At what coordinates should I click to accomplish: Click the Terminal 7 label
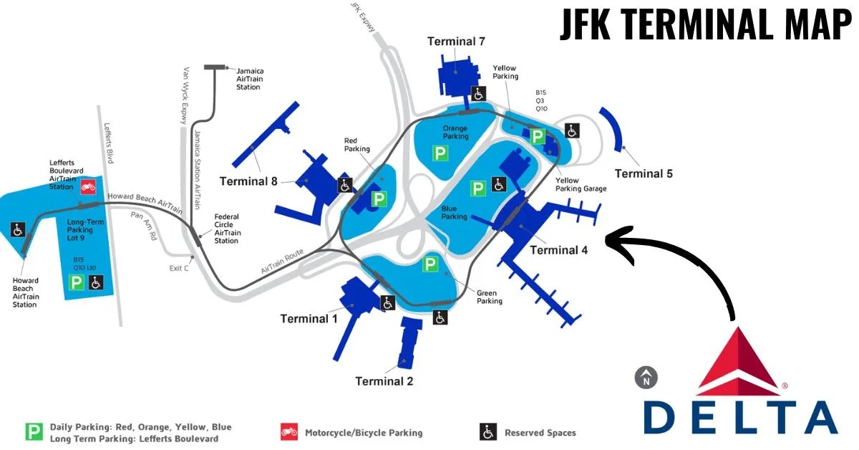tap(461, 42)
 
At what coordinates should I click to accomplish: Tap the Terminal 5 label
tap(644, 173)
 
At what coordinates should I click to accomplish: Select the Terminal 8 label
tap(248, 181)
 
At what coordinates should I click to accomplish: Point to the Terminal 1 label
tap(309, 318)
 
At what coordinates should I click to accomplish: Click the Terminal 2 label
tap(384, 381)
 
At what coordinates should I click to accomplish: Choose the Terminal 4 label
tap(559, 250)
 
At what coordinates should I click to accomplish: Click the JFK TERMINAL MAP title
tap(704, 26)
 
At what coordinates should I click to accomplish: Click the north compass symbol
tap(646, 377)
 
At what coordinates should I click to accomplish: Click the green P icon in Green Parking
tap(429, 264)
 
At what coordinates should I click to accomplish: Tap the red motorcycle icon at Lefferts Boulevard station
tap(88, 186)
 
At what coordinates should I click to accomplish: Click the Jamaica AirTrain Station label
tap(248, 79)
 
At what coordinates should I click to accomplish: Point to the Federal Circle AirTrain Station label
tap(227, 229)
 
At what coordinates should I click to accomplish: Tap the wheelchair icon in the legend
tap(487, 432)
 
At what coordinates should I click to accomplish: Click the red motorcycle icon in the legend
tap(289, 432)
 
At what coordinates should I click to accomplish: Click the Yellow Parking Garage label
tap(581, 185)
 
